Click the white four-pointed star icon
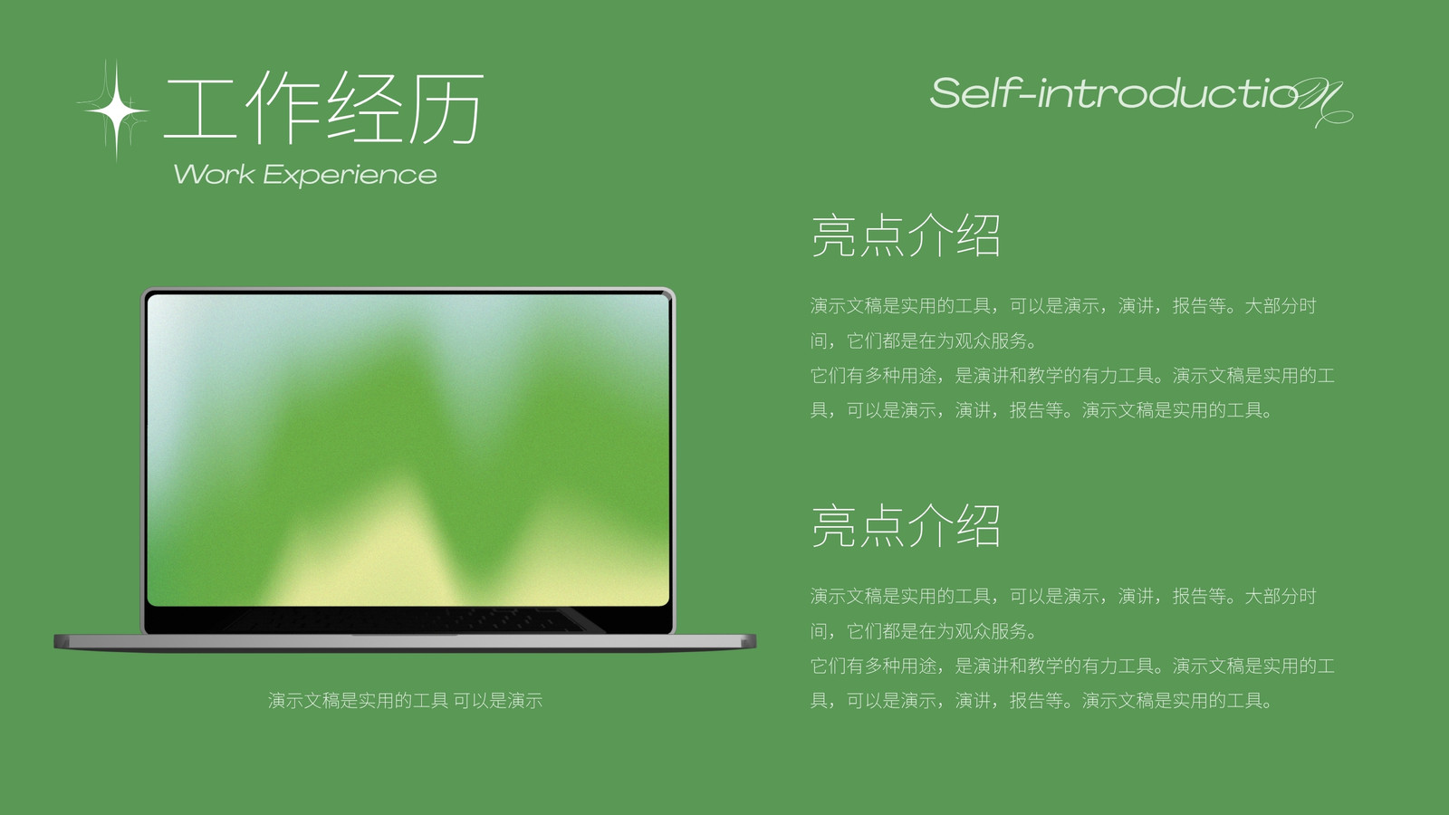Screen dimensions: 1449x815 click(117, 110)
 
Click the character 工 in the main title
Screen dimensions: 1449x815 click(200, 109)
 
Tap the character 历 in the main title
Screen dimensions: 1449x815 click(446, 108)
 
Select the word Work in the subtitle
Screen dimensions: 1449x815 click(214, 175)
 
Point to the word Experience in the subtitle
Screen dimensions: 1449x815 click(350, 176)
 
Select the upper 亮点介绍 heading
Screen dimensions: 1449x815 click(906, 235)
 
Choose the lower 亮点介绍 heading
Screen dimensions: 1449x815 click(906, 526)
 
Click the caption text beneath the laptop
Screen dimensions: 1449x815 click(405, 701)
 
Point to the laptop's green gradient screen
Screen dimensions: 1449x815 click(408, 450)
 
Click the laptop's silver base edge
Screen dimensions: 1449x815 click(405, 642)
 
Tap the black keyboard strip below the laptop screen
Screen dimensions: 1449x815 click(408, 619)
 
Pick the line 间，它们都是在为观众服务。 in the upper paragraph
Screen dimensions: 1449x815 click(923, 340)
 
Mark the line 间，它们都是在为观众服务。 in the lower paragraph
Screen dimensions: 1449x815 click(923, 631)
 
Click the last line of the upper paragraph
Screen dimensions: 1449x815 click(1041, 410)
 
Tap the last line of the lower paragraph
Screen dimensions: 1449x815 click(1041, 701)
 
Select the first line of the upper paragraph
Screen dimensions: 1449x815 click(1063, 306)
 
